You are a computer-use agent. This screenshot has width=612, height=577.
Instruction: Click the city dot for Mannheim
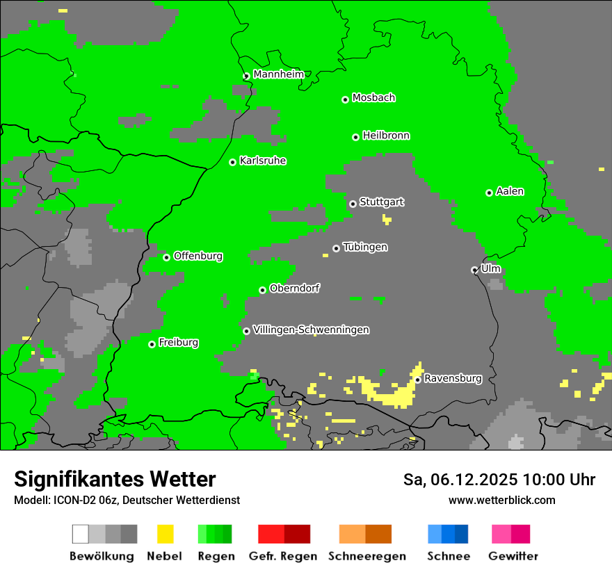(246, 76)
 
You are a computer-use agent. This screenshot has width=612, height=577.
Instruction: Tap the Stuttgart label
(381, 202)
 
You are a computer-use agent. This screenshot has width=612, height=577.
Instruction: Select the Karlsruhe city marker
(233, 163)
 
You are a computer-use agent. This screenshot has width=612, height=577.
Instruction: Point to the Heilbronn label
(386, 136)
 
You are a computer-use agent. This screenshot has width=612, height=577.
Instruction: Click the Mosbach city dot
(345, 100)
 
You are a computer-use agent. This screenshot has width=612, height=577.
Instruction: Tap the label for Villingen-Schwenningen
(311, 330)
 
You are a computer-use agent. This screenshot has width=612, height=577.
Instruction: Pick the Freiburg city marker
(152, 345)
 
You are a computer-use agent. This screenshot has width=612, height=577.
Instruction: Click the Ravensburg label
(453, 378)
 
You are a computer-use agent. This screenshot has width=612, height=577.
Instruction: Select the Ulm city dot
(474, 270)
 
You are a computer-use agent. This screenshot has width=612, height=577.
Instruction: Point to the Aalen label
(510, 191)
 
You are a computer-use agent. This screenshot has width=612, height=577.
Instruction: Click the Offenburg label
(198, 256)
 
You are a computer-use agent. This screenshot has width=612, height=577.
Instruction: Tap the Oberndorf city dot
(262, 291)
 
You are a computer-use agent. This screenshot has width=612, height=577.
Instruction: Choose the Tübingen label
(365, 247)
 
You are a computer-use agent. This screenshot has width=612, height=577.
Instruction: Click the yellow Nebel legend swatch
(165, 534)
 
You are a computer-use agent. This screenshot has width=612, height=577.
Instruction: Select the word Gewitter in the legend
(513, 556)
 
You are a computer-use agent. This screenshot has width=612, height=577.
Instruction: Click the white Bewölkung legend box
(81, 534)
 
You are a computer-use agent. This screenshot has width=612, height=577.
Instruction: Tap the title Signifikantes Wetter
(115, 480)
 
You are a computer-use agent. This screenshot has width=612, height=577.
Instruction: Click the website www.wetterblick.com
(501, 500)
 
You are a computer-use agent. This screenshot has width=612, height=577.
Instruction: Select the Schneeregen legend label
(367, 556)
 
